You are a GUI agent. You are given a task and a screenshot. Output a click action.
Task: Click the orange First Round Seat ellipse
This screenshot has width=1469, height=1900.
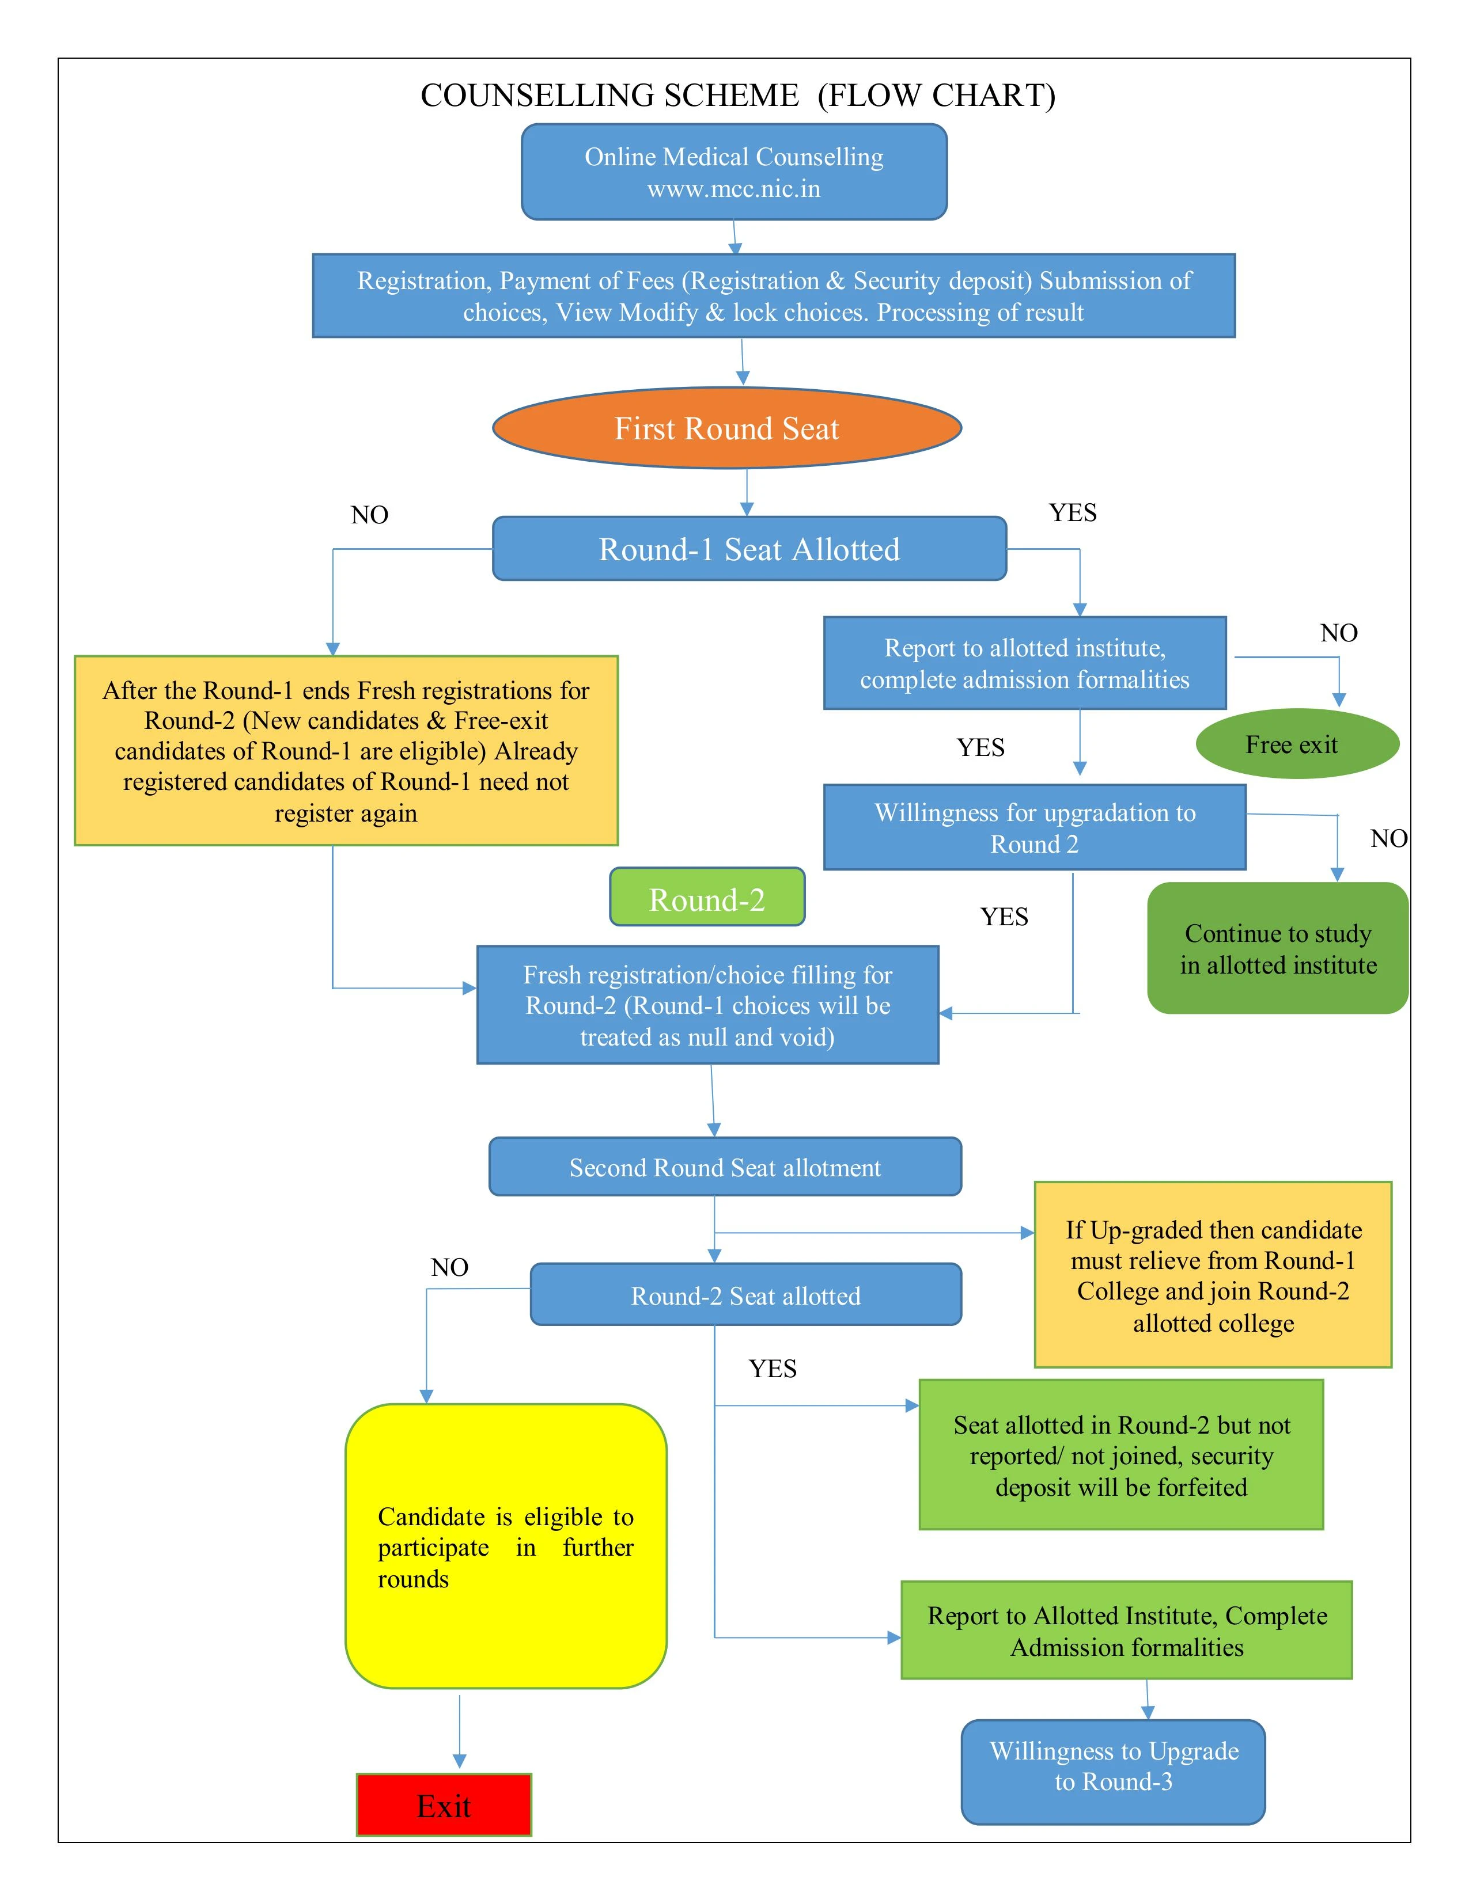click(726, 428)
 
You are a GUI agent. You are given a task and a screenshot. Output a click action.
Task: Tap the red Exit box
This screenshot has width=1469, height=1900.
click(444, 1805)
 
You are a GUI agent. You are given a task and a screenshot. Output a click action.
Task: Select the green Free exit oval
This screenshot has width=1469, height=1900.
click(1297, 744)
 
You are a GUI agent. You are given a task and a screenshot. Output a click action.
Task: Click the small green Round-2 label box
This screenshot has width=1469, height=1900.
click(707, 898)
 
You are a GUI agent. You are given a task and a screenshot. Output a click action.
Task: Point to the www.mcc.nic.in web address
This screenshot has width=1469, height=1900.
click(733, 189)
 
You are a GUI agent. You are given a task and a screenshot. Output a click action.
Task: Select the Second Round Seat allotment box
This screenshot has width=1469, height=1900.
click(725, 1166)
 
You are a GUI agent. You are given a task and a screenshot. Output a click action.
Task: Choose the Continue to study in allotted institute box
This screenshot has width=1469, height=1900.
click(1278, 948)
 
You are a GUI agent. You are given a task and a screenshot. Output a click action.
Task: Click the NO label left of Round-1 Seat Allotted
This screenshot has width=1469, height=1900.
click(370, 515)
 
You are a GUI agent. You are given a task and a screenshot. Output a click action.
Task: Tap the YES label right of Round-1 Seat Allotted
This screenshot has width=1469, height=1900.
click(1072, 512)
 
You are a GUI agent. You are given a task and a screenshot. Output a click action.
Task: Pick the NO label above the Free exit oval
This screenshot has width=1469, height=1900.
click(1338, 632)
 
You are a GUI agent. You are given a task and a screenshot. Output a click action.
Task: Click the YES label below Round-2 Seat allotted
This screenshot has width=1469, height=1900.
click(773, 1369)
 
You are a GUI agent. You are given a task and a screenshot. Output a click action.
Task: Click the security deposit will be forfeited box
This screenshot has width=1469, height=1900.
click(1121, 1454)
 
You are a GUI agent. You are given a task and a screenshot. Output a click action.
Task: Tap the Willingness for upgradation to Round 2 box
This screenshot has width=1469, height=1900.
click(1034, 827)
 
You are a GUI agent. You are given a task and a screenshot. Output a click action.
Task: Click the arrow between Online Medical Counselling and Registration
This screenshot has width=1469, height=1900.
click(736, 237)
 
